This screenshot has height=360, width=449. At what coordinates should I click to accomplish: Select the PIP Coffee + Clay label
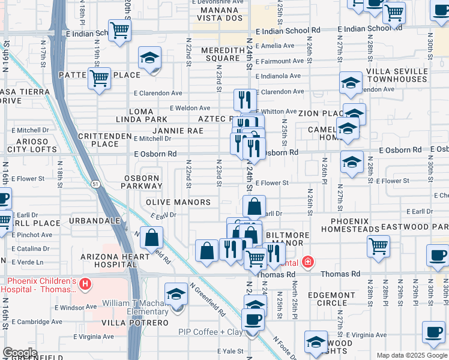209,332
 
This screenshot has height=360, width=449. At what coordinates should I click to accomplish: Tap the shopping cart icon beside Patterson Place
100,78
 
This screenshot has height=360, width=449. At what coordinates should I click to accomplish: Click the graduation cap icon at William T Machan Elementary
176,294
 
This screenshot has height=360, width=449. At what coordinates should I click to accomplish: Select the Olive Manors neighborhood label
178,202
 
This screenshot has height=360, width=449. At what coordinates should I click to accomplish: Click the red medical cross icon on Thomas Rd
307,262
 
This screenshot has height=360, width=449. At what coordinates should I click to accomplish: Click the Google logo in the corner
20,353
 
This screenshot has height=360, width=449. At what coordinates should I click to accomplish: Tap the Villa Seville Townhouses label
398,75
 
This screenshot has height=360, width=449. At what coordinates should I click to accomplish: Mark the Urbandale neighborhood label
91,221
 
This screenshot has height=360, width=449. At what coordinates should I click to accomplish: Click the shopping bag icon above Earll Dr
255,206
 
